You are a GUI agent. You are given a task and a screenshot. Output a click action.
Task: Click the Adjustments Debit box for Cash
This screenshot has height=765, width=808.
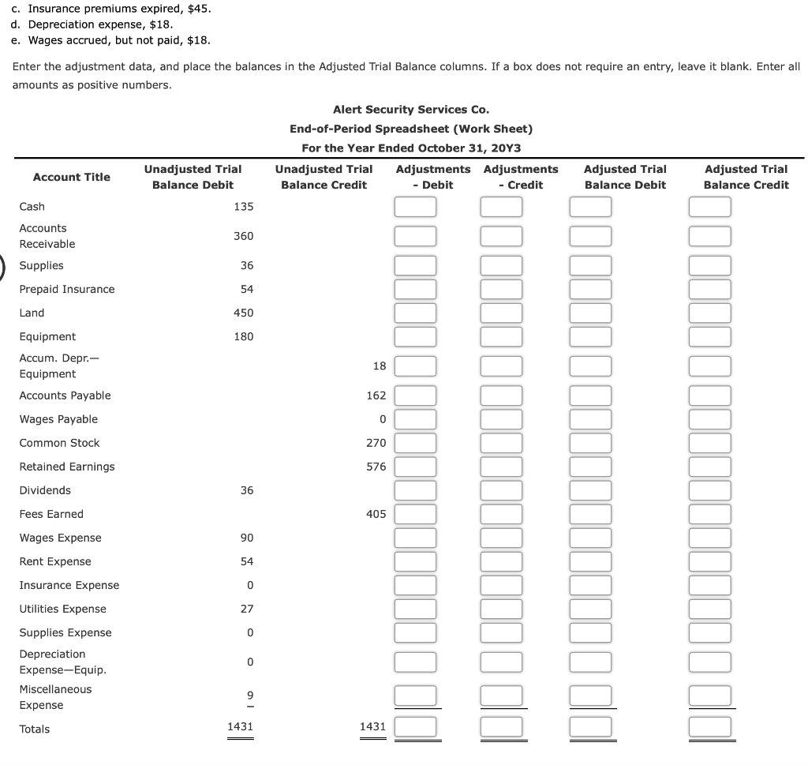pyautogui.click(x=415, y=207)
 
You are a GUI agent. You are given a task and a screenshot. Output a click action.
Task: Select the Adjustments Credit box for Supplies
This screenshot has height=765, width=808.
pyautogui.click(x=502, y=266)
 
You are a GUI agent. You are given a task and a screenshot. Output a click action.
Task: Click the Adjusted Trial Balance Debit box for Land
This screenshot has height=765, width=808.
pyautogui.click(x=591, y=313)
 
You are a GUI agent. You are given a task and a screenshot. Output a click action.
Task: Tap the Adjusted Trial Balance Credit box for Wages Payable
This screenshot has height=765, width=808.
pyautogui.click(x=709, y=419)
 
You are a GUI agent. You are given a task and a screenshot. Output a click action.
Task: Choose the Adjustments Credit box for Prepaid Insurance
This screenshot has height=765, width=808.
pyautogui.click(x=502, y=290)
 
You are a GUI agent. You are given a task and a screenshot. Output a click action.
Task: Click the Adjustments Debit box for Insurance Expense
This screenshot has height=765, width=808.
pyautogui.click(x=415, y=585)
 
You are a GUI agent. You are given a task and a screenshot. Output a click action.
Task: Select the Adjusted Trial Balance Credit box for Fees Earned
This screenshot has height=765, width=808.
pyautogui.click(x=709, y=514)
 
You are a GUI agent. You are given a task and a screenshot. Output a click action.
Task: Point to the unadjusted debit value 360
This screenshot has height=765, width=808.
pyautogui.click(x=243, y=236)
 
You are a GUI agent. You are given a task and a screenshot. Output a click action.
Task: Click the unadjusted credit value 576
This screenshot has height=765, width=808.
pyautogui.click(x=376, y=467)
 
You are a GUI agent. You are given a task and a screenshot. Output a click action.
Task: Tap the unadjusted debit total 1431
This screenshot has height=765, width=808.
pyautogui.click(x=240, y=726)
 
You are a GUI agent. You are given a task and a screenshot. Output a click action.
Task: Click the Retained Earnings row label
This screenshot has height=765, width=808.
pyautogui.click(x=67, y=467)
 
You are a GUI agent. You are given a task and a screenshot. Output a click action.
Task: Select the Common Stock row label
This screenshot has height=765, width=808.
pyautogui.click(x=59, y=443)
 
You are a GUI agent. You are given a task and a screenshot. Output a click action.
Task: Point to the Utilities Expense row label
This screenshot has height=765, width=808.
pyautogui.click(x=62, y=609)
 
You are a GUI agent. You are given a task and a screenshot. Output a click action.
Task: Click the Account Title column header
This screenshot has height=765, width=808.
pyautogui.click(x=71, y=177)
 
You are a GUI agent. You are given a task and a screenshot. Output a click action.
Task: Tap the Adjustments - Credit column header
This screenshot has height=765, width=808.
pyautogui.click(x=520, y=177)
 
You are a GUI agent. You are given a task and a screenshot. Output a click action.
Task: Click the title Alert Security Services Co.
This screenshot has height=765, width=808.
pyautogui.click(x=410, y=110)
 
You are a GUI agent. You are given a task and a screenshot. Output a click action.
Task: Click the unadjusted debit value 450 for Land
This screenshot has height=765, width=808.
pyautogui.click(x=243, y=313)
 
